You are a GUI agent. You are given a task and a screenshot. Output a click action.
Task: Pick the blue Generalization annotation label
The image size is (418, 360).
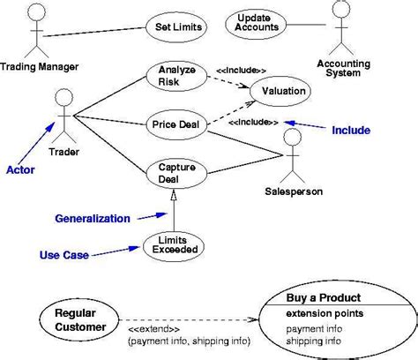point(93,218)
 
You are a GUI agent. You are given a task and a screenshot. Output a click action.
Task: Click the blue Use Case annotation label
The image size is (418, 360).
point(63,256)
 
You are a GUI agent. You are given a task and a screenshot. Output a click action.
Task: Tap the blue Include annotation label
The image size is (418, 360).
point(351,131)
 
